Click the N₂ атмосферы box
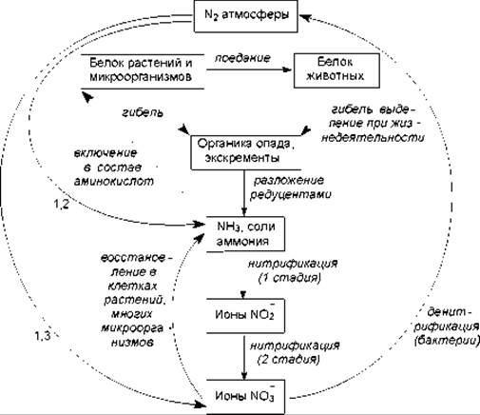click(245, 16)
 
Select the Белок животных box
click(336, 70)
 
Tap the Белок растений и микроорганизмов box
click(143, 71)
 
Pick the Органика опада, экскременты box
click(245, 152)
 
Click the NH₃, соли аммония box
click(245, 234)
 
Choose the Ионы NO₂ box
click(245, 315)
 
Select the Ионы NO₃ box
click(245, 397)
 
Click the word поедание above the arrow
click(242, 58)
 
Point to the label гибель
click(143, 112)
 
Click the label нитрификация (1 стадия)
click(292, 270)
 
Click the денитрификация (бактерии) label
click(447, 326)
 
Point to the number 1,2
click(61, 205)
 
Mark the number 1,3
click(42, 335)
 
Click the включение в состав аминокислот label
click(113, 168)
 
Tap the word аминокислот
click(113, 181)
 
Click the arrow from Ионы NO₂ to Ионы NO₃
click(244, 357)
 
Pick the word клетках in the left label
click(132, 287)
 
